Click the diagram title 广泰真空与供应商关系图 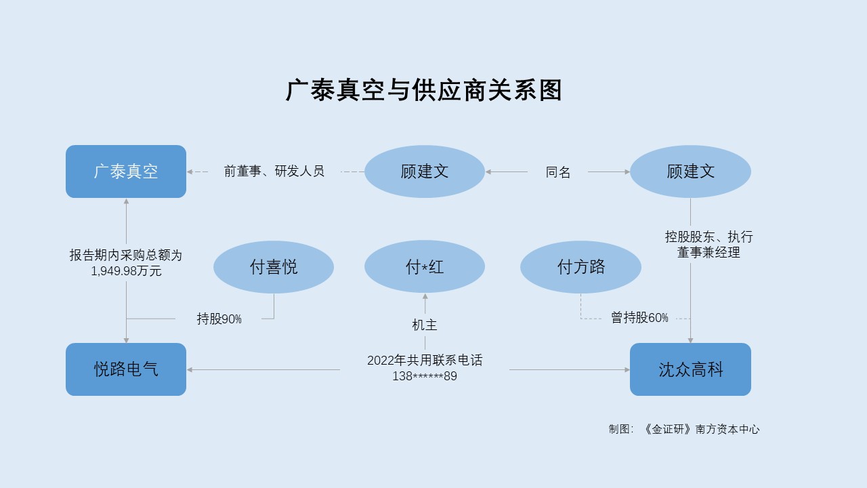[424, 90]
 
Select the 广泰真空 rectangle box [126, 171]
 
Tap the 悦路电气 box [126, 369]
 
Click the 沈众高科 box [690, 369]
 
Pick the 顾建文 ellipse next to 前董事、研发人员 [425, 171]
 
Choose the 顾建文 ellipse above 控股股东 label [690, 171]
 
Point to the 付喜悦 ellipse [274, 267]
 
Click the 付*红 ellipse [425, 267]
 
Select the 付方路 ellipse [580, 267]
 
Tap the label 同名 [557, 172]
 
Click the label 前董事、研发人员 [274, 171]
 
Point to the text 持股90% [219, 319]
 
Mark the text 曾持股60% [639, 318]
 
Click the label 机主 [425, 325]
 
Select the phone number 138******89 [425, 376]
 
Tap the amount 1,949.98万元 [126, 270]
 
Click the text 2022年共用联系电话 [425, 360]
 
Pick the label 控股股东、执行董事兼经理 [709, 245]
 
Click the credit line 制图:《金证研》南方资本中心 [684, 429]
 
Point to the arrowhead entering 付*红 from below [425, 296]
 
